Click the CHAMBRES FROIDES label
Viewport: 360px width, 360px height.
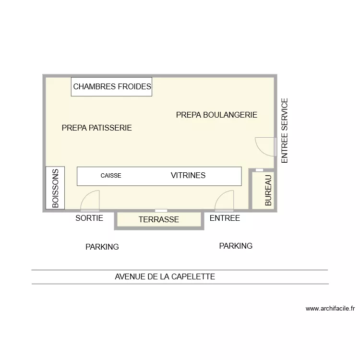coord(112,87)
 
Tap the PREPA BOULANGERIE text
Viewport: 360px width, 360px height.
coord(216,115)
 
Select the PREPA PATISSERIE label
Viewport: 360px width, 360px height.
coord(96,128)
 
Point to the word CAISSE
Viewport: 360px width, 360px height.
coord(111,176)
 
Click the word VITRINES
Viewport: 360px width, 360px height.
coord(188,176)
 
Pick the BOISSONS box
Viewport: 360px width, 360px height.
coord(55,188)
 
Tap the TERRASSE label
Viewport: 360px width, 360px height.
coord(158,220)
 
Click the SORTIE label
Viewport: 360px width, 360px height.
coord(89,218)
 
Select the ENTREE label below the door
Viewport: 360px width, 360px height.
coord(225,218)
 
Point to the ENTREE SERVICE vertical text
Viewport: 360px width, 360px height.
coord(284,131)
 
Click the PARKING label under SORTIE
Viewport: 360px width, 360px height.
coord(102,247)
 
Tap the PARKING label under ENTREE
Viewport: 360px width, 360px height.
coord(236,246)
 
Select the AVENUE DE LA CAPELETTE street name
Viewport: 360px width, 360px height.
coord(165,277)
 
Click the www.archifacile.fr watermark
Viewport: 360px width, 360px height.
coord(330,309)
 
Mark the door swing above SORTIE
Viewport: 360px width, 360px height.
coord(90,201)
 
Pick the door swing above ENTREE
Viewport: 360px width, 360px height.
coord(225,201)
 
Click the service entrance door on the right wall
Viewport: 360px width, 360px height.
coord(265,146)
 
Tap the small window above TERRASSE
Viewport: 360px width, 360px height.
coord(161,211)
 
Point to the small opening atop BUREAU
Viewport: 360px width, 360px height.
coord(259,170)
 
